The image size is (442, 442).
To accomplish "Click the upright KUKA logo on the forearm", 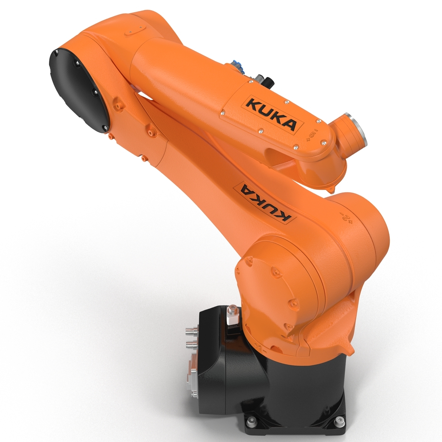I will [x=271, y=113].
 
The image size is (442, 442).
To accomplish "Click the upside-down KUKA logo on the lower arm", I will [x=265, y=203].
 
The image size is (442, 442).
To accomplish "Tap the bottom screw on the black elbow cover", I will [x=106, y=128].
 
